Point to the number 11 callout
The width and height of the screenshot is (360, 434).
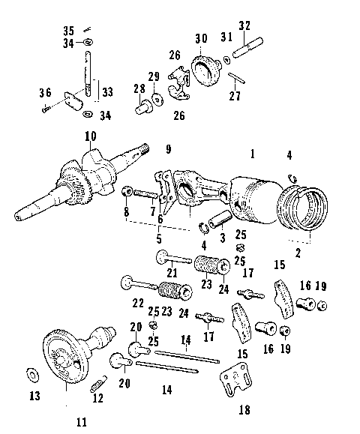click(x=82, y=422)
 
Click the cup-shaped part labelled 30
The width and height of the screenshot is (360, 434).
click(x=201, y=71)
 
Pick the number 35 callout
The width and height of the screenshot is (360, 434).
click(x=69, y=30)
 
